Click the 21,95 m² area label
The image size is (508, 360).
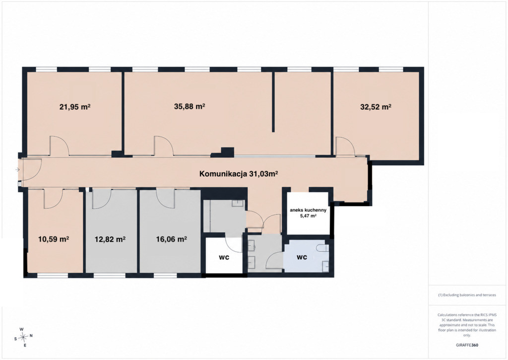pyautogui.click(x=75, y=107)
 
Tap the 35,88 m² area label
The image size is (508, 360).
pyautogui.click(x=190, y=106)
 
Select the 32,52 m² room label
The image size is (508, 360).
pyautogui.click(x=376, y=107)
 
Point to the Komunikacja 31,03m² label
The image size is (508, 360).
pyautogui.click(x=239, y=174)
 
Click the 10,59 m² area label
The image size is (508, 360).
pyautogui.click(x=54, y=239)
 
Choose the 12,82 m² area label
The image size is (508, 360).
pyautogui.click(x=110, y=239)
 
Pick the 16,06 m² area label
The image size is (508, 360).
pyautogui.click(x=171, y=239)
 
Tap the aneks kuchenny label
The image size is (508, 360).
pyautogui.click(x=308, y=210)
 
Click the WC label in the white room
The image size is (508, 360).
pyautogui.click(x=224, y=258)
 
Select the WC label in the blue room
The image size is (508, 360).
pyautogui.click(x=302, y=258)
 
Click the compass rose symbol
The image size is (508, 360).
pyautogui.click(x=23, y=337)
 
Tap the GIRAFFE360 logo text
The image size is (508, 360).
pyautogui.click(x=466, y=345)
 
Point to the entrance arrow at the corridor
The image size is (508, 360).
pyautogui.click(x=17, y=170)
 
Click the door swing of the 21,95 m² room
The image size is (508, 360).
pyautogui.click(x=60, y=146)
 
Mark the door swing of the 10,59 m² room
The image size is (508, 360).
pyautogui.click(x=53, y=199)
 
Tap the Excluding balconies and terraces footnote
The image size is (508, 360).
pyautogui.click(x=467, y=295)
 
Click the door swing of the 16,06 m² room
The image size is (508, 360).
pyautogui.click(x=166, y=198)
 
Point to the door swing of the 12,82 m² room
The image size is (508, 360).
pyautogui.click(x=102, y=199)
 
